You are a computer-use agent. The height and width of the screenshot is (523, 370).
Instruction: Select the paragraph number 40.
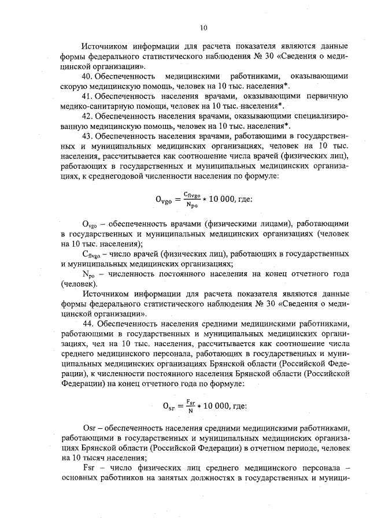88,76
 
